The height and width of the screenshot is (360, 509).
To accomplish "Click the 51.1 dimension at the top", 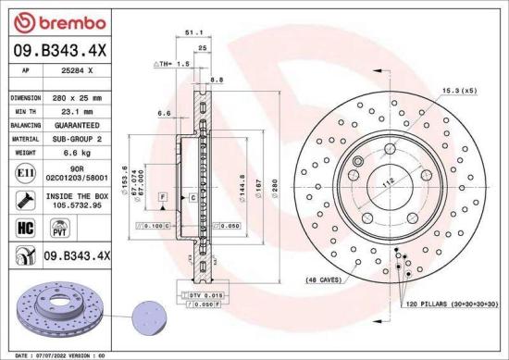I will point(194,31).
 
